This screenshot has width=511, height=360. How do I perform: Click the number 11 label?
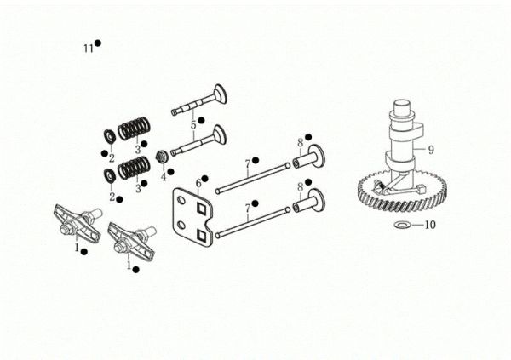point(88,49)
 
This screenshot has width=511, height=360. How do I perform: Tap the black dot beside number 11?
point(99,43)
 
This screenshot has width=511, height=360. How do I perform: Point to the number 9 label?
point(431,150)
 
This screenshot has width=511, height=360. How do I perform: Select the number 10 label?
point(429,226)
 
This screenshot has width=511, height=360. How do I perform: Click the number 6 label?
point(198,182)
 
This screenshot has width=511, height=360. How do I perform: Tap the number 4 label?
point(164,177)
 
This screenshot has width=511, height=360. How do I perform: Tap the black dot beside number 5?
point(201,120)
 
